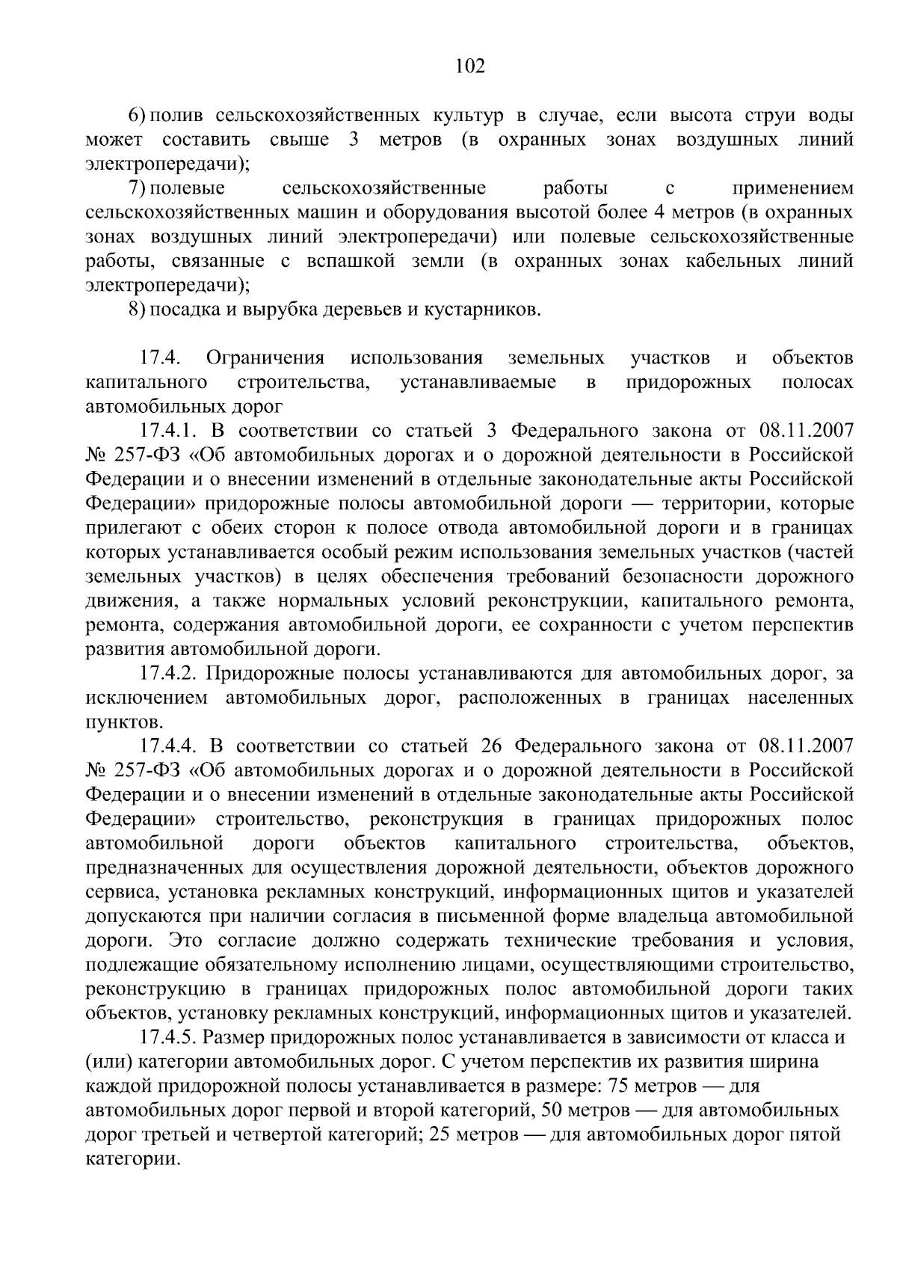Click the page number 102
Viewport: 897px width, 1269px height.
[470, 67]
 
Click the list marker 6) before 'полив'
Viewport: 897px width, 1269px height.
[138, 117]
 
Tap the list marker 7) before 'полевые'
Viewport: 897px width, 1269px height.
[138, 188]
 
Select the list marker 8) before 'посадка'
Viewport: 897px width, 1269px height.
[138, 309]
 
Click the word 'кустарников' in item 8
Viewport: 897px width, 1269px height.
[482, 309]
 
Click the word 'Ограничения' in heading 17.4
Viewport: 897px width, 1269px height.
[265, 358]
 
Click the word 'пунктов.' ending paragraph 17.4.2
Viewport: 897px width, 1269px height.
[124, 722]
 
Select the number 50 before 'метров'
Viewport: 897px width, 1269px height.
[547, 1110]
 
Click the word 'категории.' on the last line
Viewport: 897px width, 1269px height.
[133, 1159]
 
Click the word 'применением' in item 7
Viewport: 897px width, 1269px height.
[792, 188]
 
